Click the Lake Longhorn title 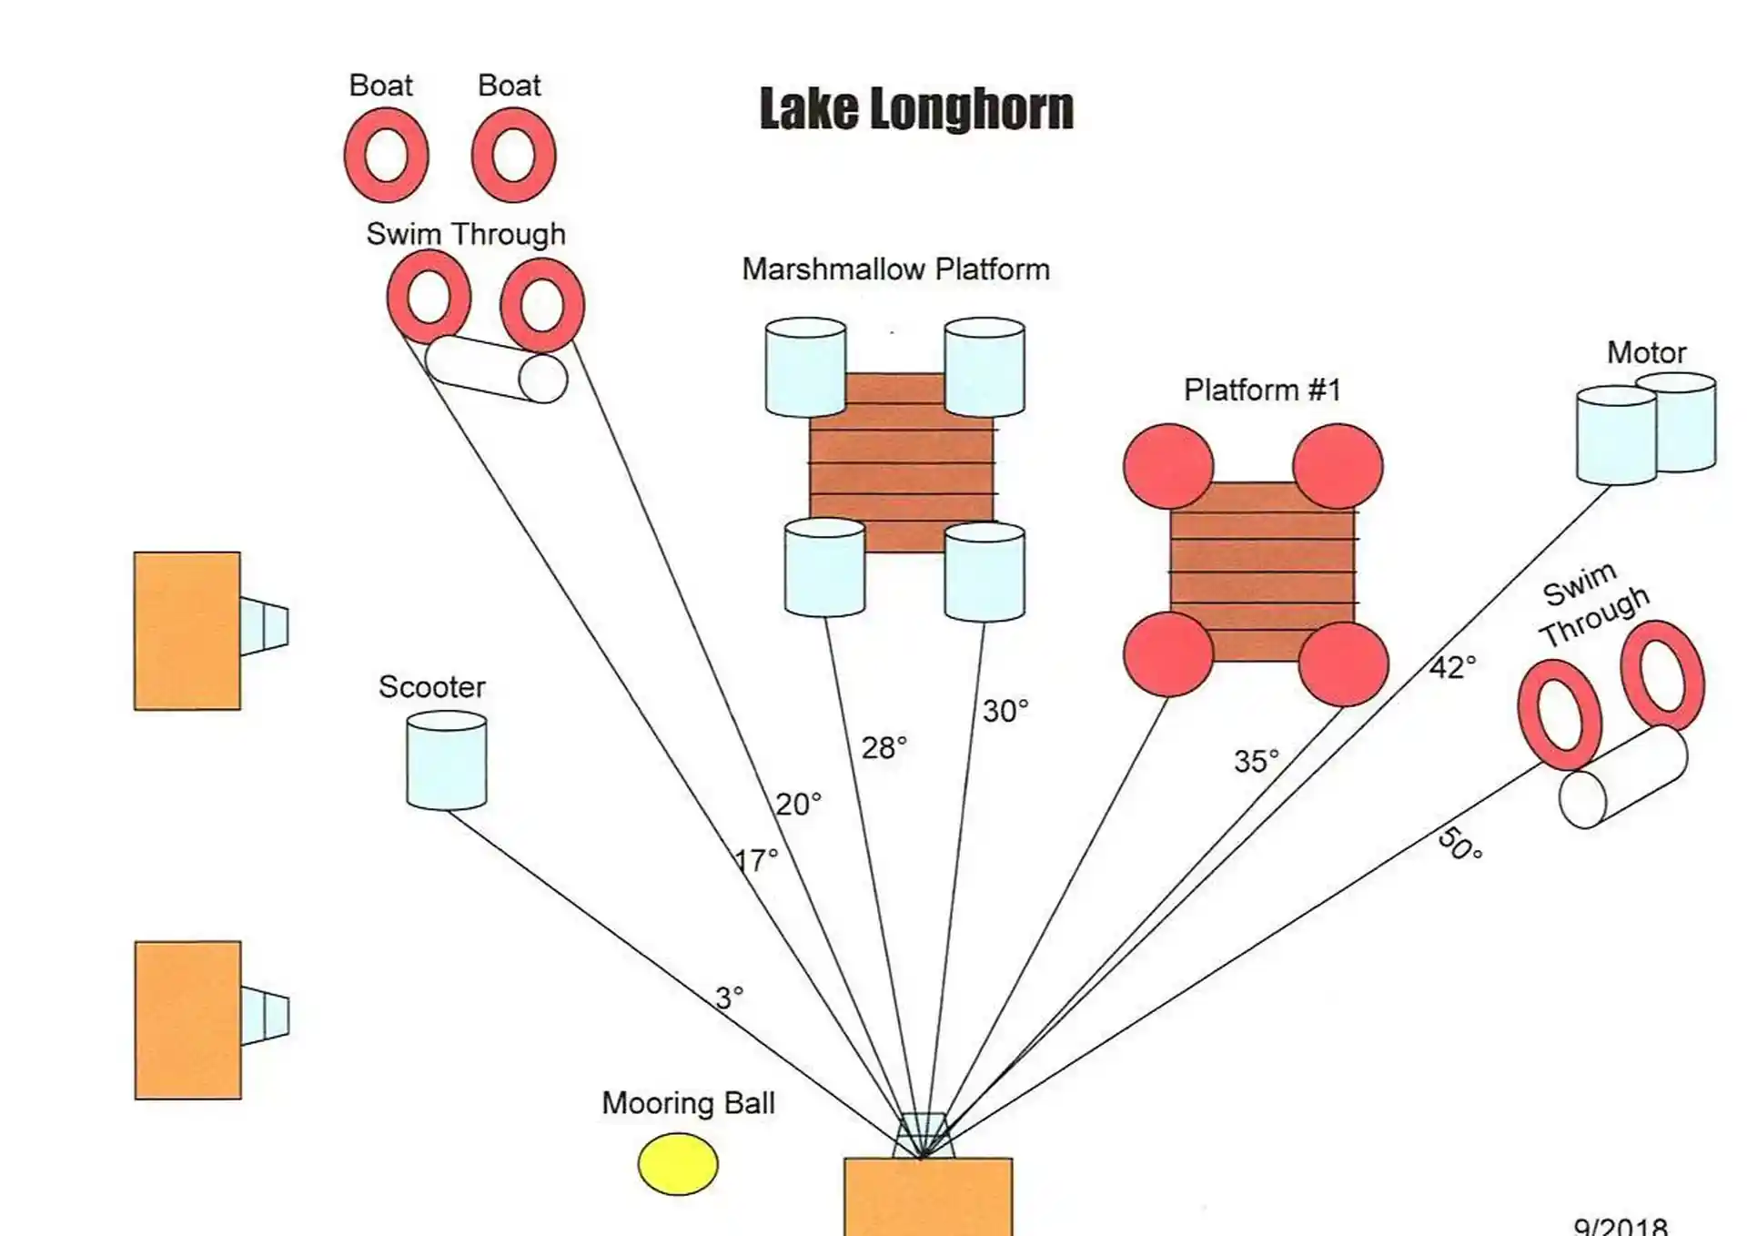click(x=916, y=109)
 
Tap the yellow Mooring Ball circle click(x=678, y=1164)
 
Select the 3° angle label click(x=729, y=998)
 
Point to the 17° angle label click(x=756, y=860)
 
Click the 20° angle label click(x=798, y=805)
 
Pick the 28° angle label click(x=884, y=748)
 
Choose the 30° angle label click(x=1005, y=711)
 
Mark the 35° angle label click(x=1256, y=761)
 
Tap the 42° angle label click(x=1452, y=667)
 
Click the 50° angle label click(x=1460, y=843)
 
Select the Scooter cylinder click(x=446, y=761)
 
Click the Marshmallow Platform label click(x=895, y=269)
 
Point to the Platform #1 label click(x=1262, y=390)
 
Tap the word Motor click(x=1646, y=352)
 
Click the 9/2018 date click(x=1621, y=1226)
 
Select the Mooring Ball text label click(x=688, y=1103)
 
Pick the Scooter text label click(x=431, y=686)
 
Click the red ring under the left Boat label click(x=387, y=155)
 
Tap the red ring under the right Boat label click(x=513, y=155)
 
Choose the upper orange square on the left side click(x=187, y=631)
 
